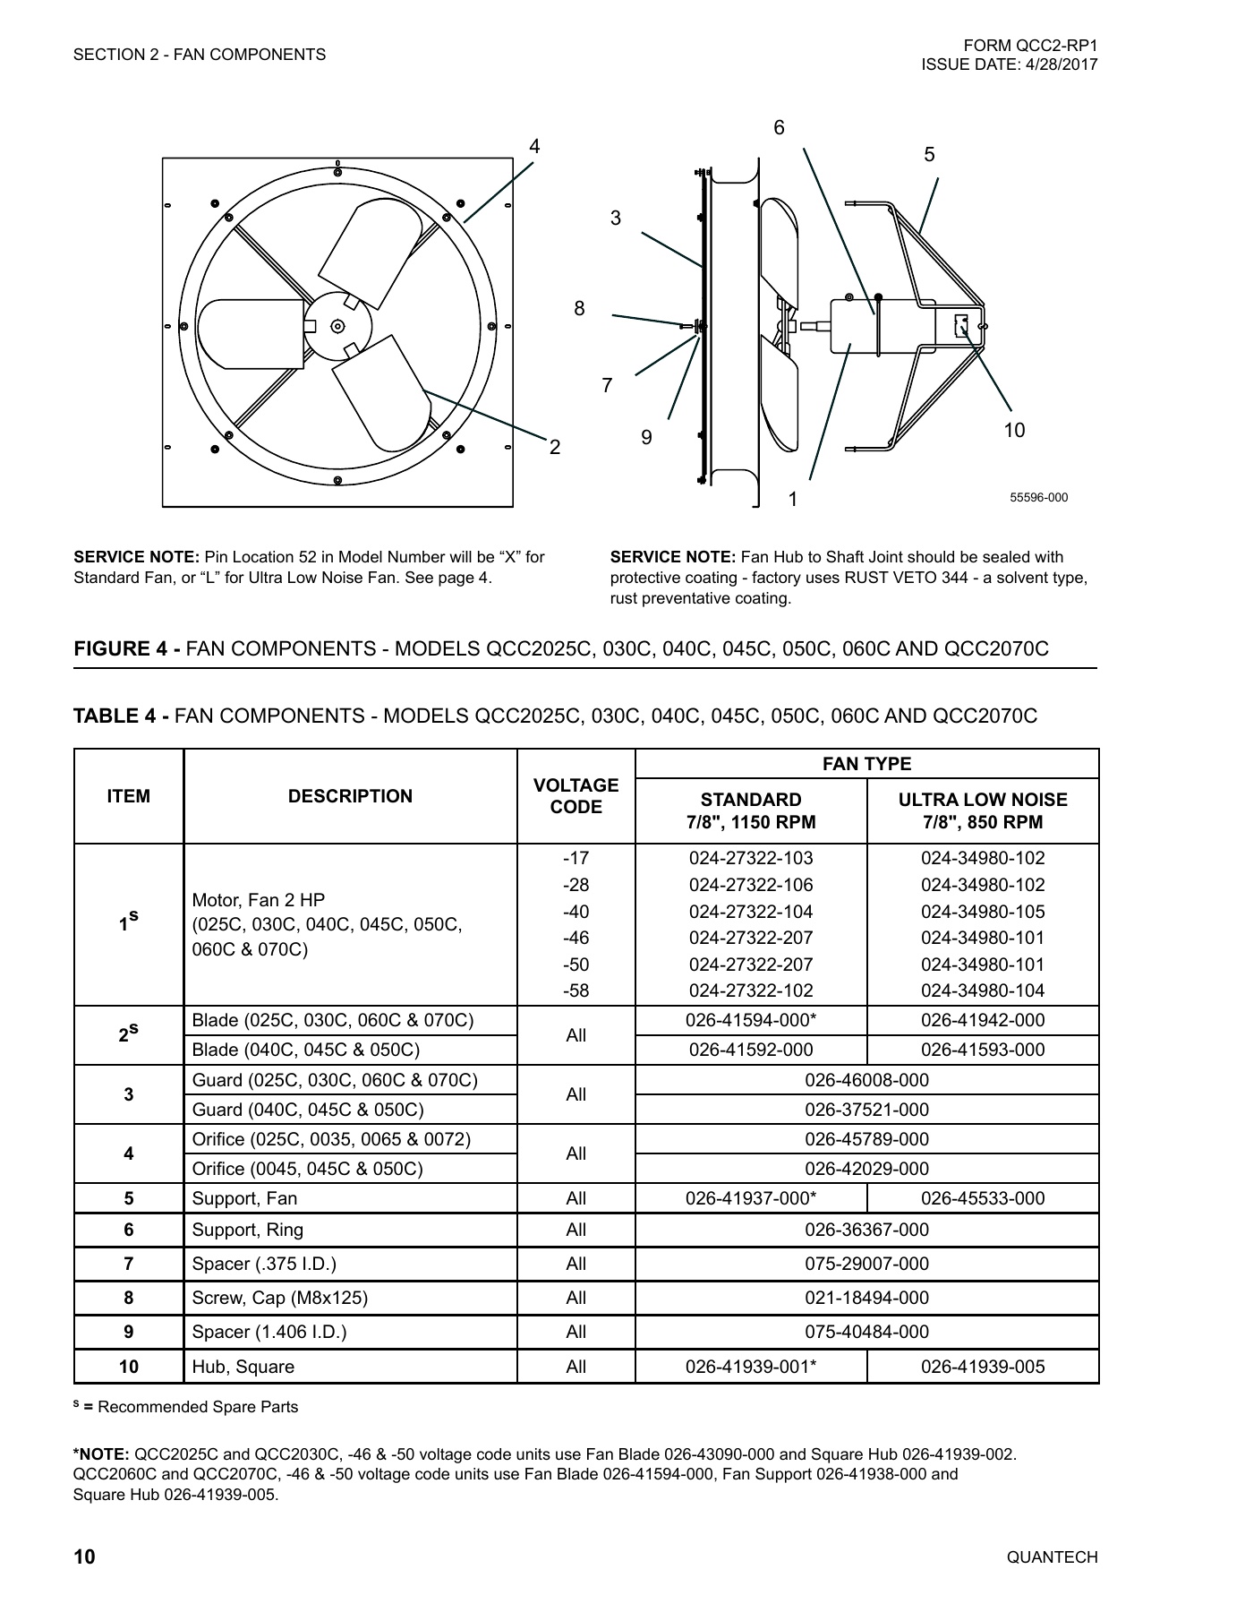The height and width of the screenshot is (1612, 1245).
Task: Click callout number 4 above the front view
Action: [x=534, y=146]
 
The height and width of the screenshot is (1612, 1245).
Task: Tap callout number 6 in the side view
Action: [x=779, y=128]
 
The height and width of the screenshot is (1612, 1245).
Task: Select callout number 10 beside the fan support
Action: [x=1013, y=431]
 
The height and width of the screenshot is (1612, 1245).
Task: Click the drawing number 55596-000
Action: [x=1038, y=498]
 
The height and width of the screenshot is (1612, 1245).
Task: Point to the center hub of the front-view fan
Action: [x=337, y=325]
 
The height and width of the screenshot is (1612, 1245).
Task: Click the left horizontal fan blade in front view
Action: [x=251, y=333]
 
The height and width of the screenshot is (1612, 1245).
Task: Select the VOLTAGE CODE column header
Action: [x=576, y=796]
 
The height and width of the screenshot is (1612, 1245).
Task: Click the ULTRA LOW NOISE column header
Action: [x=982, y=810]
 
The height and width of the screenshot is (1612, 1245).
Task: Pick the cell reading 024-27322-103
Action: [x=750, y=858]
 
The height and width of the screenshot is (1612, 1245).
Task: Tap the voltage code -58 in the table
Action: [x=576, y=990]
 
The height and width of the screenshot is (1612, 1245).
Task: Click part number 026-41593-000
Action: [x=982, y=1050]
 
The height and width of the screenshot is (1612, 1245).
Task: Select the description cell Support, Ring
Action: [x=248, y=1230]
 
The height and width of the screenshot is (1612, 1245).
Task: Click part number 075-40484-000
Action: [x=866, y=1332]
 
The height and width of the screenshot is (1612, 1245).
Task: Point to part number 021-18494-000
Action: [x=866, y=1298]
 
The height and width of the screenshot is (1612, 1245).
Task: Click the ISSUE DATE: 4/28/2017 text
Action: [x=1009, y=64]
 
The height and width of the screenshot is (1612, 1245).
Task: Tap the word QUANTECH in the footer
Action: [x=1052, y=1557]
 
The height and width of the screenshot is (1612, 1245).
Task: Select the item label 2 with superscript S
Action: [x=128, y=1034]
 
